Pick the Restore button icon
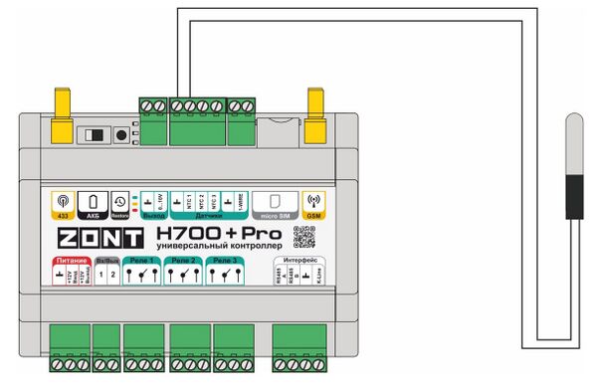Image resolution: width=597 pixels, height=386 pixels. (118, 203)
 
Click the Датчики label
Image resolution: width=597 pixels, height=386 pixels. (208, 215)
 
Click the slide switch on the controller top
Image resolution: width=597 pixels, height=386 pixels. (95, 134)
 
